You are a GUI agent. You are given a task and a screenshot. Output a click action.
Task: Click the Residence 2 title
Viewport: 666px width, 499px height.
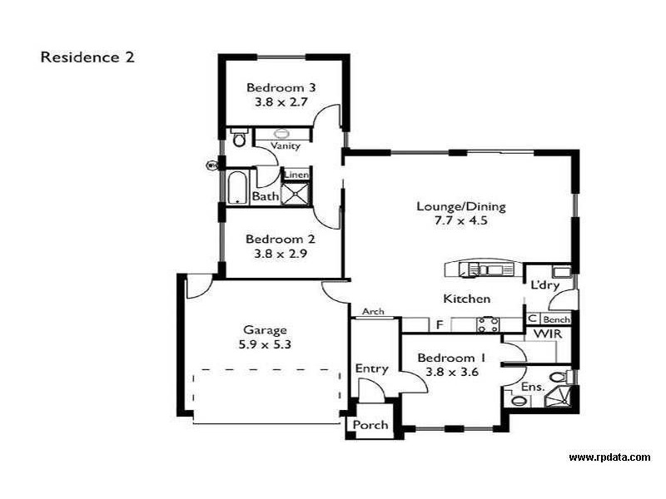pos(87,57)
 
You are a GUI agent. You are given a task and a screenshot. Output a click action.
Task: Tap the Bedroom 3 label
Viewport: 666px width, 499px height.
pos(281,88)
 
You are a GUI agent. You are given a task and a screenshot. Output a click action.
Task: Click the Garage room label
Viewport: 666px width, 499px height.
pos(264,329)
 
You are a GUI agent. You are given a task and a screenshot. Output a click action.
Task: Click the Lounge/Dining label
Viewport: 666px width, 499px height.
pos(460,207)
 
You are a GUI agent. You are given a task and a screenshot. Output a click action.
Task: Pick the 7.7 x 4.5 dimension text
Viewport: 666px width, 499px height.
pos(460,223)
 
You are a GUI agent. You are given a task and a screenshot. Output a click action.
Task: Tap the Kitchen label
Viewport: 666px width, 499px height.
pos(465,299)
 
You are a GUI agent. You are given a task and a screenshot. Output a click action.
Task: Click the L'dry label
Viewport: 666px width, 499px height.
pos(544,285)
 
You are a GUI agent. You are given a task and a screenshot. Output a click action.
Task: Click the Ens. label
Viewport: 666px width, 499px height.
pos(533,387)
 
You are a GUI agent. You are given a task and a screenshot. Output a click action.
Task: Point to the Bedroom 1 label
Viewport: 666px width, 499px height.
pos(450,358)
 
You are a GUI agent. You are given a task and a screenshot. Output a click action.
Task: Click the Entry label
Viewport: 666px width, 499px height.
pos(371,368)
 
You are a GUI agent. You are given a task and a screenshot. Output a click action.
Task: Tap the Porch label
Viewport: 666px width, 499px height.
pos(370,425)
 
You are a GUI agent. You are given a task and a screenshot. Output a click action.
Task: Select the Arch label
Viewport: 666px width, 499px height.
pos(373,312)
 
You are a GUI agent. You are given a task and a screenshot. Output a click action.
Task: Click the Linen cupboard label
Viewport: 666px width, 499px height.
pos(297,175)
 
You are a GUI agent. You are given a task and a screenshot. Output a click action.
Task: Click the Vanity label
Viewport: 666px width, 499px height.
pos(285,146)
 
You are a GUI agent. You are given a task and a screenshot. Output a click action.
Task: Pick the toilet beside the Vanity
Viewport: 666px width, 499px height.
pos(239,137)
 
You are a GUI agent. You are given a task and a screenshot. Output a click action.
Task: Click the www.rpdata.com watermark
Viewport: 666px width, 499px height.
pos(609,457)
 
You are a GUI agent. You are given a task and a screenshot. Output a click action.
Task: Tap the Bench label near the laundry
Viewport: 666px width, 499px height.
pos(555,319)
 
